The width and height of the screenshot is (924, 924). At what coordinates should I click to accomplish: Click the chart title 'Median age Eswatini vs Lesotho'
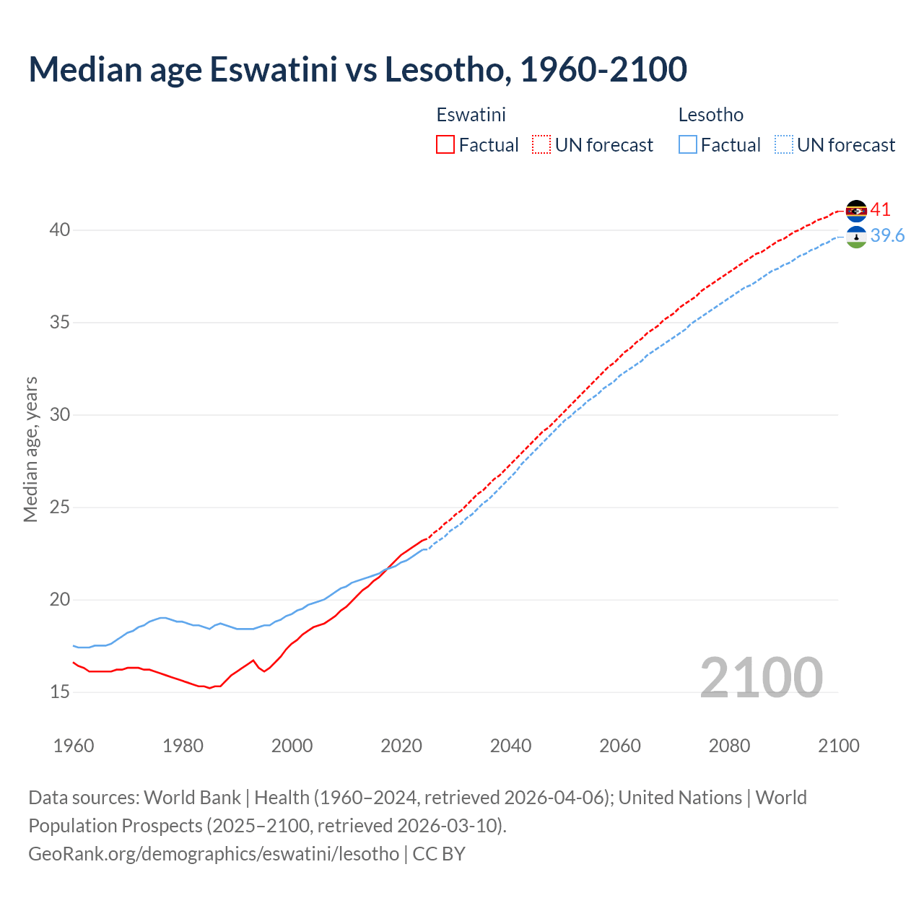click(x=357, y=69)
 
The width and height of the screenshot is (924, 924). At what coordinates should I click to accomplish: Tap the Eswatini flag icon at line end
click(x=856, y=211)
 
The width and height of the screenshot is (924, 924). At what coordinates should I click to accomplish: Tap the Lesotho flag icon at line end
click(x=856, y=237)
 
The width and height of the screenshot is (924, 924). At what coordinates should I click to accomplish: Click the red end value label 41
click(x=880, y=210)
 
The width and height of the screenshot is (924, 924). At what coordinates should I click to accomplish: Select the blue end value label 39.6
click(x=887, y=236)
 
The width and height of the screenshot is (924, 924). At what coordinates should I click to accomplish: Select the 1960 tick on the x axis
click(x=74, y=746)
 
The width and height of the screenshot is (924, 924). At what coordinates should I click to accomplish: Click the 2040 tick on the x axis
click(x=510, y=746)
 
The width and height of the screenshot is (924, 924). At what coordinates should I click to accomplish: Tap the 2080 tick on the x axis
click(x=729, y=746)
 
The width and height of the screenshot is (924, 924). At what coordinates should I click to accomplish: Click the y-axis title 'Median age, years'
click(x=30, y=449)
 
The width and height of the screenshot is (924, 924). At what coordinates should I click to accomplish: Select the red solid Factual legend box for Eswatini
click(x=445, y=145)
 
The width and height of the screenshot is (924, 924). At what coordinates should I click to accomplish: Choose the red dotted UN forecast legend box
click(x=541, y=145)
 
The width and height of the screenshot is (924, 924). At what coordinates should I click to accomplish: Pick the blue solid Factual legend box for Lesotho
click(x=687, y=145)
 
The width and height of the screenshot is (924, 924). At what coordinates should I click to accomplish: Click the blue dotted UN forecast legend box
click(x=783, y=145)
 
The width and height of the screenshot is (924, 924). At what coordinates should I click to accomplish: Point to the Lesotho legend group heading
click(x=710, y=115)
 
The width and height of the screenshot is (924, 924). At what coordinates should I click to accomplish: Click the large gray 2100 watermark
click(x=761, y=677)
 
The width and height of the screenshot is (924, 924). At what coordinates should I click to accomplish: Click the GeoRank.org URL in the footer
click(x=214, y=854)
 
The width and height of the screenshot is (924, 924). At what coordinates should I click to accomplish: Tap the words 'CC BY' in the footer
click(x=439, y=854)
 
